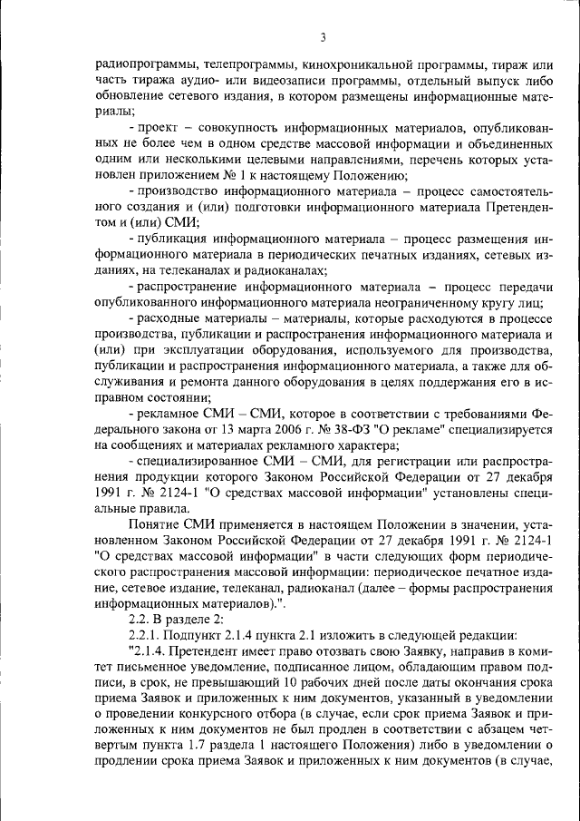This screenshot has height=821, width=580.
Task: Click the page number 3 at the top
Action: [323, 37]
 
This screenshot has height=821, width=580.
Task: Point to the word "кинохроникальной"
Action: [358, 66]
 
